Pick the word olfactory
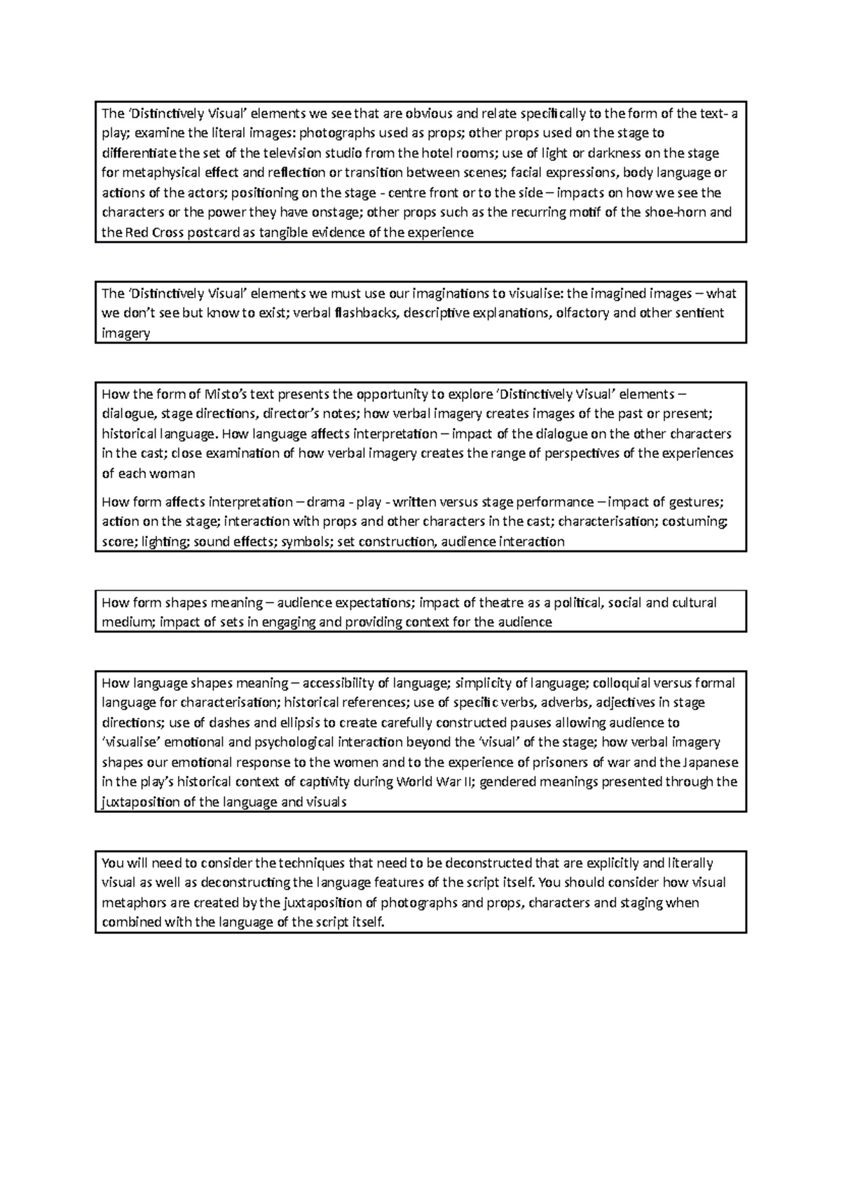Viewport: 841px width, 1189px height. tap(582, 313)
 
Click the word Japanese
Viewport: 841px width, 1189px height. tap(709, 763)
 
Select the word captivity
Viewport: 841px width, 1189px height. tap(327, 782)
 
